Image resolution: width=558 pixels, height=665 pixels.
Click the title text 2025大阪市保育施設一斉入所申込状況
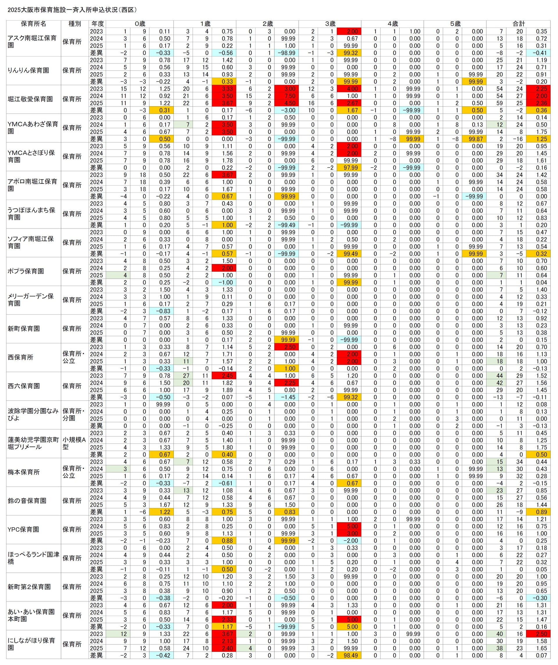[x=72, y=10]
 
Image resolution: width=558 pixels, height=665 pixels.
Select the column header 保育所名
[x=34, y=24]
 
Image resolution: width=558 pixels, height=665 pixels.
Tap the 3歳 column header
[x=330, y=24]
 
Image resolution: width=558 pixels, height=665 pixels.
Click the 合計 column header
[x=518, y=24]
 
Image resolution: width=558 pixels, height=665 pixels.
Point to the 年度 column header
[x=97, y=24]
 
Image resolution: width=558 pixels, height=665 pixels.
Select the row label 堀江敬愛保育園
[x=30, y=99]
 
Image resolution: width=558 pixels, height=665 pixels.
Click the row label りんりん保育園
[x=28, y=70]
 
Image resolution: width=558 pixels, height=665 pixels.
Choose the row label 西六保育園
[x=24, y=386]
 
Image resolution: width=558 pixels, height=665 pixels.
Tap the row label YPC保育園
[x=23, y=529]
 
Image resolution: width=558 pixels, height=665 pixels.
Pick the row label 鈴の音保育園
[x=27, y=501]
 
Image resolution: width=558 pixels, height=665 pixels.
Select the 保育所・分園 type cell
[x=74, y=415]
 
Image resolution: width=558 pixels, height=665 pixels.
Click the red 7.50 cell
[x=287, y=96]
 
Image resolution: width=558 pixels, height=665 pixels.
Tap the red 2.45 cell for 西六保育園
[x=224, y=376]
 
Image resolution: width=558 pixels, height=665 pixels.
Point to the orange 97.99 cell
[x=349, y=167]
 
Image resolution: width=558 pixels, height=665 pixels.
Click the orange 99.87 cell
[x=474, y=139]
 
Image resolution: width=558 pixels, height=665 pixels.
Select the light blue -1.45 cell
[x=287, y=397]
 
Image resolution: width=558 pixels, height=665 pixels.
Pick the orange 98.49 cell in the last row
[x=349, y=655]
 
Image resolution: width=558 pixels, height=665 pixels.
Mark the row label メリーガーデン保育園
[x=31, y=300]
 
